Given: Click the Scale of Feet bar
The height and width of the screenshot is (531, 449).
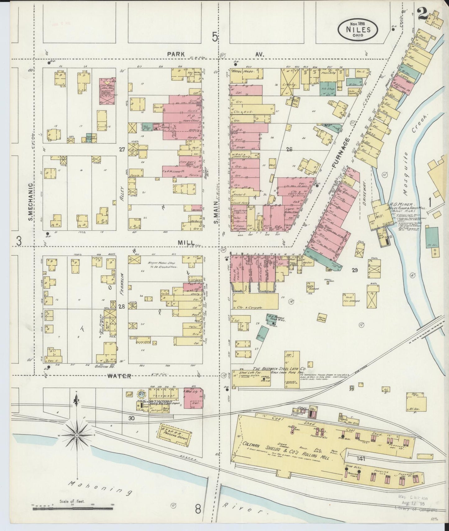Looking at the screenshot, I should coord(73,509).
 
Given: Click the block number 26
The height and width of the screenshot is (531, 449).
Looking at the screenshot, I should coord(289,149).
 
